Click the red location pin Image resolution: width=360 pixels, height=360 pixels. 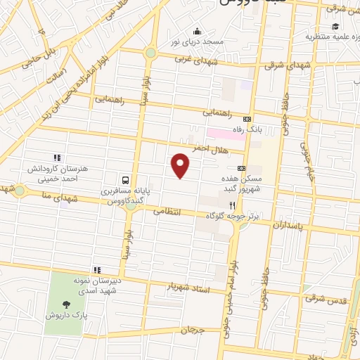click(x=181, y=165)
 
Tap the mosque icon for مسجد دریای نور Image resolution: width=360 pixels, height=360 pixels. click(x=198, y=31)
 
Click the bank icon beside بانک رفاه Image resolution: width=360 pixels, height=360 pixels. click(x=247, y=119)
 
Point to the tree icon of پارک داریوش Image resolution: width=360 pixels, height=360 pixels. click(x=67, y=304)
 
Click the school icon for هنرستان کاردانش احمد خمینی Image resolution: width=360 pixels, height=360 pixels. click(x=57, y=158)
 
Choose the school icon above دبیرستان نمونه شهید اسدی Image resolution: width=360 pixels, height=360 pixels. click(x=97, y=270)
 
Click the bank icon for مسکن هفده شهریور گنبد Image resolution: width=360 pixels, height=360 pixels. click(x=242, y=168)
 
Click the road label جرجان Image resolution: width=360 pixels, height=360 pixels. click(x=190, y=329)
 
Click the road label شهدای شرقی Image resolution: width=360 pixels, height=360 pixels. click(x=282, y=65)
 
